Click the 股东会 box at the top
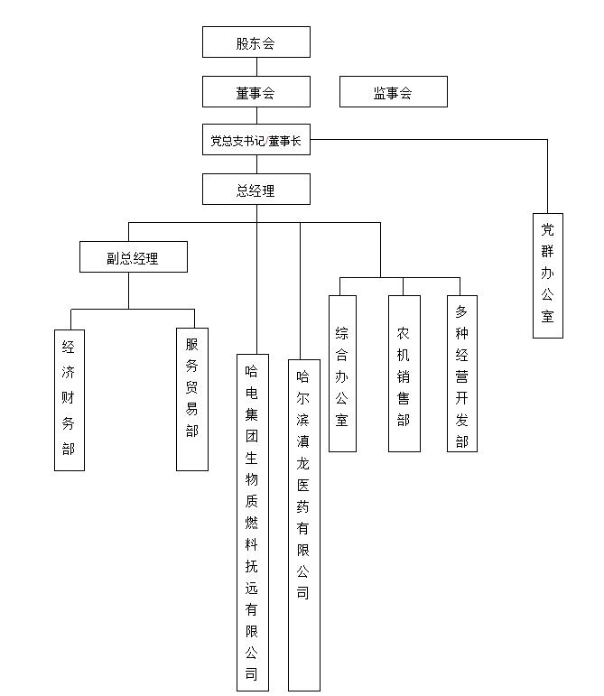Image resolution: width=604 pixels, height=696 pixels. (256, 42)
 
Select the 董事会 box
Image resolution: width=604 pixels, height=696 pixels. (256, 91)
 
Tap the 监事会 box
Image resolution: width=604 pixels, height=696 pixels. (393, 91)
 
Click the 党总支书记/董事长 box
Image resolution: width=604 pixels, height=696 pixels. (256, 140)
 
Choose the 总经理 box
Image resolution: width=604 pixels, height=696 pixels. (256, 190)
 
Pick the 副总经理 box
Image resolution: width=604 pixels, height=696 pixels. (133, 257)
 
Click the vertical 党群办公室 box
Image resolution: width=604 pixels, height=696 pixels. (547, 274)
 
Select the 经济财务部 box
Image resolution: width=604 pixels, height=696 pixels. (70, 399)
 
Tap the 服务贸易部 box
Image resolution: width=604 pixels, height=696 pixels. (192, 399)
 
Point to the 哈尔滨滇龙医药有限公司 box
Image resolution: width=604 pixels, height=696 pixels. (303, 524)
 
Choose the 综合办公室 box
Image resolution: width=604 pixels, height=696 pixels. (342, 373)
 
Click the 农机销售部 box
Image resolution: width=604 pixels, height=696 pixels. (404, 373)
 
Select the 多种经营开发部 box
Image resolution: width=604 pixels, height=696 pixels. (462, 373)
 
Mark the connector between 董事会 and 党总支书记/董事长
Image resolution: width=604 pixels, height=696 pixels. (256, 116)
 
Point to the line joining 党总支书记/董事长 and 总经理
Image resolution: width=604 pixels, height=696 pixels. (256, 164)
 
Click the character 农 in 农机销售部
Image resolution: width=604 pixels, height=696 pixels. (404, 332)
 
